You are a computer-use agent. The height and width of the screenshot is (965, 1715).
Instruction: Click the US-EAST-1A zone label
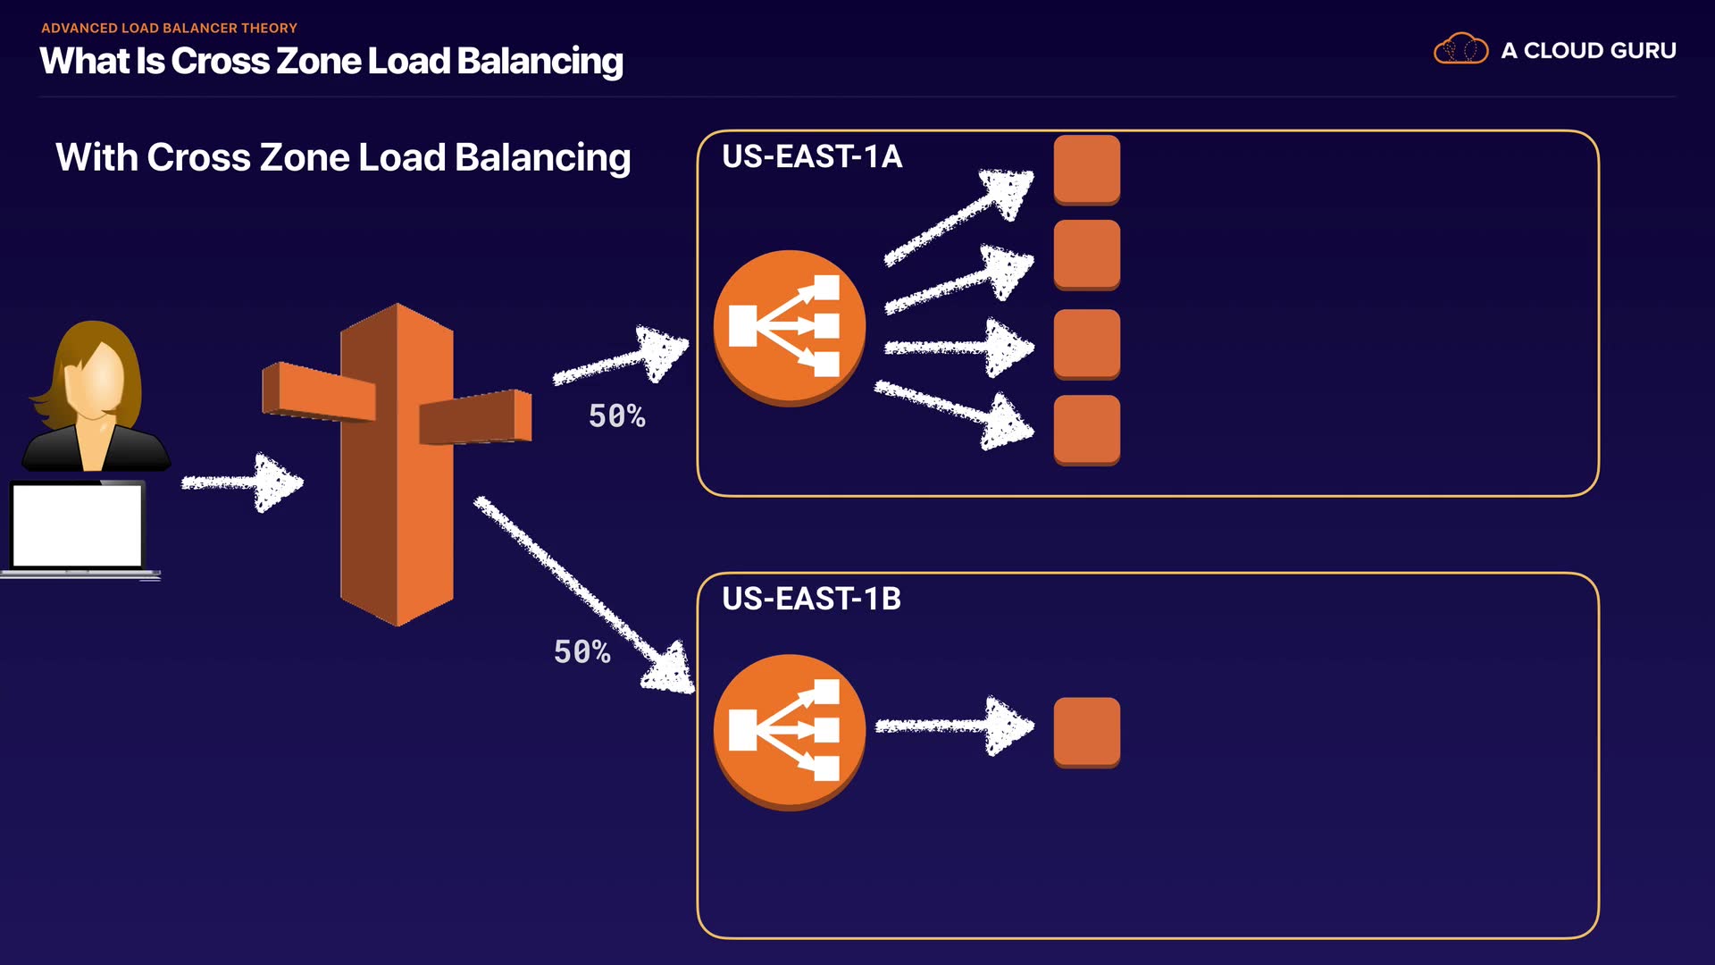(811, 157)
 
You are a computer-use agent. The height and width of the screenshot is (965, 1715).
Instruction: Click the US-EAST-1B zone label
(811, 599)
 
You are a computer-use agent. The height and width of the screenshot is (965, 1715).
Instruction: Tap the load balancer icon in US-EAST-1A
(789, 327)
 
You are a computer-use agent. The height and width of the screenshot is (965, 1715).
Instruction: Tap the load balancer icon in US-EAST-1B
(789, 732)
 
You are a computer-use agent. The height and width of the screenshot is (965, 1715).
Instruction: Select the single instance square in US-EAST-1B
(1086, 732)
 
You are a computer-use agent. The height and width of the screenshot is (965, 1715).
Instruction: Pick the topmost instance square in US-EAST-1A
(1086, 169)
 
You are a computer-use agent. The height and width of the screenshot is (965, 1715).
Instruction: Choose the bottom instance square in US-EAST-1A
(1086, 429)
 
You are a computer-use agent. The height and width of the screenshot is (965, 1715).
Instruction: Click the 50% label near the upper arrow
(616, 416)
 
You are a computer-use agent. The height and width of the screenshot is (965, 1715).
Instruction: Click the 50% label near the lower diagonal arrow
(581, 652)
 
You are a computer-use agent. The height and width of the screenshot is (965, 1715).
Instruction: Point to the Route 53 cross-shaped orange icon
(397, 465)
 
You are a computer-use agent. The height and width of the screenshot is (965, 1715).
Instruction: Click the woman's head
(95, 371)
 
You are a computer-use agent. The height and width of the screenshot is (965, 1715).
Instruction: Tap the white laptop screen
(78, 525)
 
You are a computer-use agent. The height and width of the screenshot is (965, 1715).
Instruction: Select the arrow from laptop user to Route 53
(242, 482)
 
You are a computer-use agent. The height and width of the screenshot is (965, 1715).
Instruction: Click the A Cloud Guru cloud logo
(1460, 49)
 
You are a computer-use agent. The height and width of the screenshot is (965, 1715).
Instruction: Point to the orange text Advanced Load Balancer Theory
(169, 29)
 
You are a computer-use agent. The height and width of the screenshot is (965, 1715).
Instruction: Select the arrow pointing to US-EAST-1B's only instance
(953, 726)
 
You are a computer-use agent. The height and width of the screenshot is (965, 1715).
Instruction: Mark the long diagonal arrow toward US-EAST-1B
(584, 593)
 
